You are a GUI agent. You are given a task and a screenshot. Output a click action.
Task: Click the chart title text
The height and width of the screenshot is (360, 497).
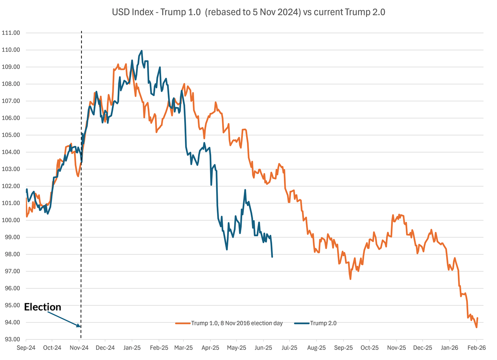(248, 12)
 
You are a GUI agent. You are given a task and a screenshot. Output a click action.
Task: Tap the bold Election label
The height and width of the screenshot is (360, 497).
(43, 307)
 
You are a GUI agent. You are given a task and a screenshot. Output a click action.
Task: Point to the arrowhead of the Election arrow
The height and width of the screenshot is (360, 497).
(80, 326)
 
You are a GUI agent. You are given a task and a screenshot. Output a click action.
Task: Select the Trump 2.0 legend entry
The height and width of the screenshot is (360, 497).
(315, 323)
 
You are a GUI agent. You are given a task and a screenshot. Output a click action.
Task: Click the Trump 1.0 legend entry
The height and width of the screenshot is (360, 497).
(229, 323)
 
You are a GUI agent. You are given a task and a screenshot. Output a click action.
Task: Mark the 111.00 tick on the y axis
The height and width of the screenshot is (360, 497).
(11, 33)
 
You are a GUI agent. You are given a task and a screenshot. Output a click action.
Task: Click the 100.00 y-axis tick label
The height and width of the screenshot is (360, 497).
(11, 220)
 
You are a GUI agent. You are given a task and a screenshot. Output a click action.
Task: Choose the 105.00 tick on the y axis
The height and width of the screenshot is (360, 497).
(11, 135)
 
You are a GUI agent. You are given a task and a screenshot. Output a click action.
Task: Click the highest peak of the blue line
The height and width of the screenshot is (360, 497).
(142, 51)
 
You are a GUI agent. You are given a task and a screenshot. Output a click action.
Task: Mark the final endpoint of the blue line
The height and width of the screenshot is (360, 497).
(272, 257)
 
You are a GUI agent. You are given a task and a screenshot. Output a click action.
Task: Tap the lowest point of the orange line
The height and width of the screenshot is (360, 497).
(476, 327)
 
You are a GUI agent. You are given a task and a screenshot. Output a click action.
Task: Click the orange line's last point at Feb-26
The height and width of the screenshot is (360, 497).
(477, 318)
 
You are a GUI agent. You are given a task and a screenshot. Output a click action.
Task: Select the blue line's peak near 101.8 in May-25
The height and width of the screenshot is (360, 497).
(245, 190)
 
